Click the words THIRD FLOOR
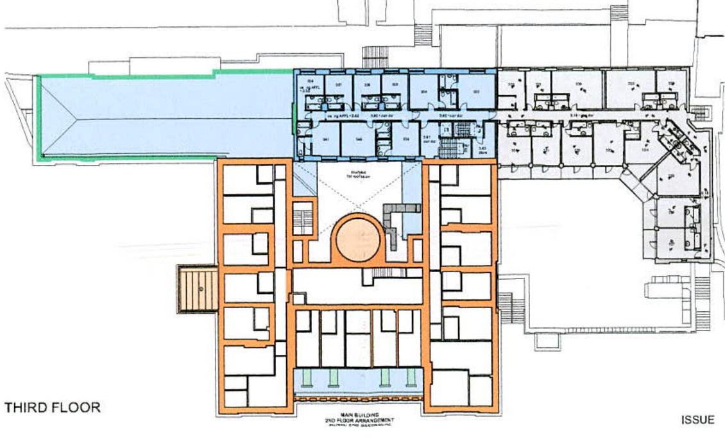click(x=53, y=407)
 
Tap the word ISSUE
click(x=697, y=420)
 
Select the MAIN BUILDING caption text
click(x=359, y=415)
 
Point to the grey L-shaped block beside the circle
click(x=395, y=221)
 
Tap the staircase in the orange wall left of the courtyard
click(x=302, y=218)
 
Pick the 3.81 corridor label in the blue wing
click(x=427, y=139)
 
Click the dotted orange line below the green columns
click(x=359, y=400)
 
